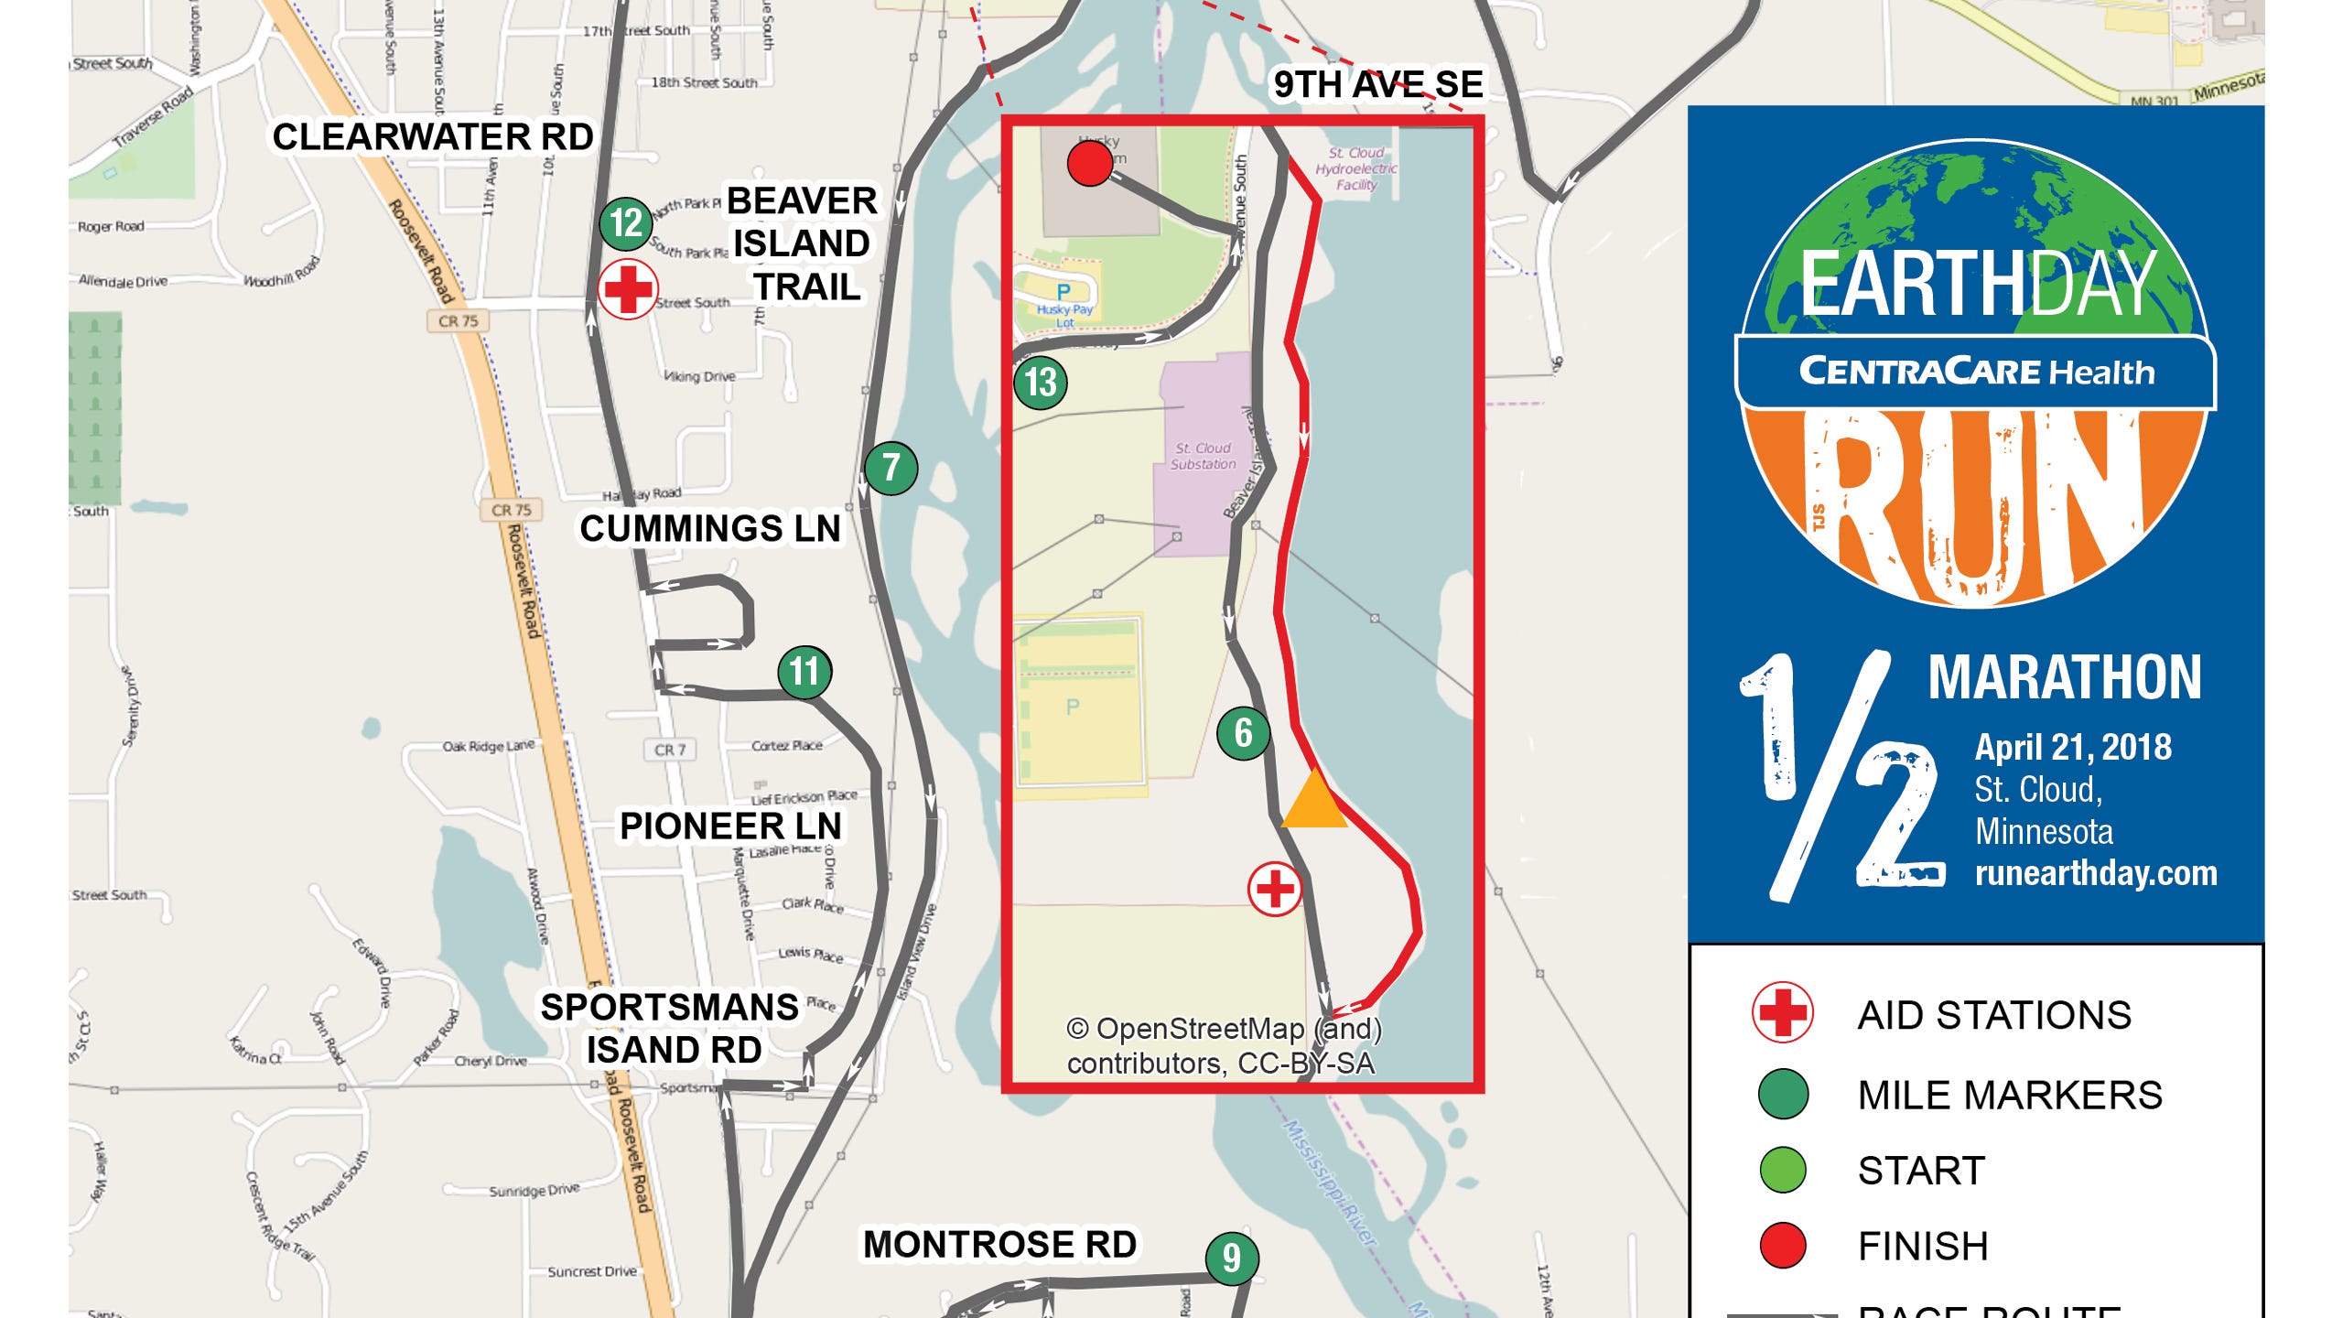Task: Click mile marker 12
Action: [x=626, y=223]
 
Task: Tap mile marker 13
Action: [x=1041, y=383]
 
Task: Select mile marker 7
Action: [x=891, y=469]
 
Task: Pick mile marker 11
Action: [x=804, y=672]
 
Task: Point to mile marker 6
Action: [x=1243, y=733]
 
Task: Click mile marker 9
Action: [x=1232, y=1258]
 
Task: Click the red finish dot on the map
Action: [x=1090, y=164]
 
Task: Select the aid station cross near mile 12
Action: [x=627, y=289]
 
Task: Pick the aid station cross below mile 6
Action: [x=1275, y=888]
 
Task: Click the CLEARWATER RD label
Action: [x=433, y=137]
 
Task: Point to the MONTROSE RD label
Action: [x=1000, y=1245]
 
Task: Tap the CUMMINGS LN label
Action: [x=710, y=529]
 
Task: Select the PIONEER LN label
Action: [x=730, y=826]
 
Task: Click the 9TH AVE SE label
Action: [x=1377, y=84]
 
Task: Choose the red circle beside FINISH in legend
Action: [x=1783, y=1245]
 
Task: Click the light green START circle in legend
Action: [x=1783, y=1170]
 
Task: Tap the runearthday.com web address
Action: [x=2096, y=873]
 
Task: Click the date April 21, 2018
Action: [x=2073, y=748]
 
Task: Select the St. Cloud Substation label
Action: [x=1203, y=456]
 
